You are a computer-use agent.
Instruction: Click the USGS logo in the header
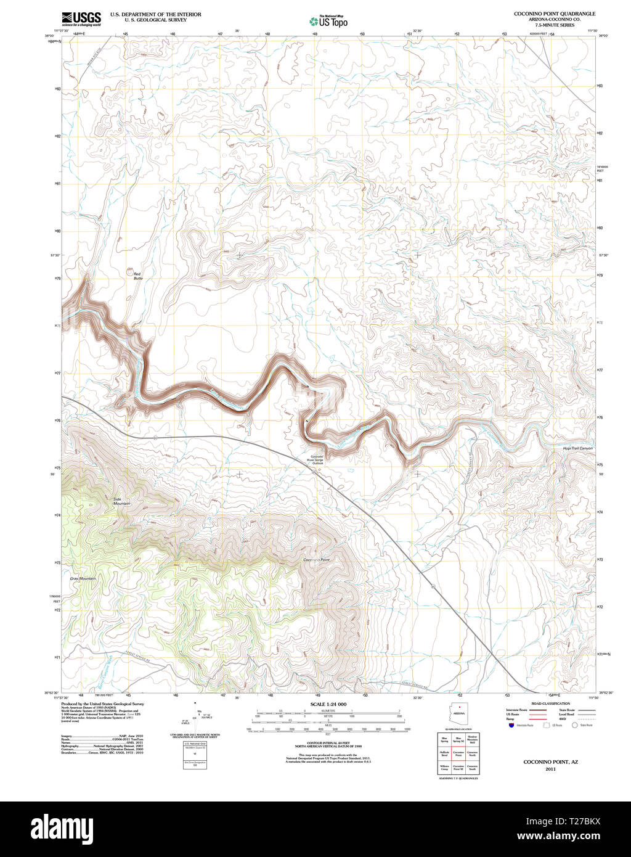click(81, 18)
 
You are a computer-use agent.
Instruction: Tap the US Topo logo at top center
click(328, 21)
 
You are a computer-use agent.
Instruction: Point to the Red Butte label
click(137, 276)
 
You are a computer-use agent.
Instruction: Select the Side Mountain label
click(122, 501)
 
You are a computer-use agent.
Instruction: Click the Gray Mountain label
click(83, 578)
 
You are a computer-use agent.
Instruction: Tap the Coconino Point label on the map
click(317, 559)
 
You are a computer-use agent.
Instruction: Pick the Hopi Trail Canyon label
click(577, 448)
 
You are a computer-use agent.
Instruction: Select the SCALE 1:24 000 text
click(328, 704)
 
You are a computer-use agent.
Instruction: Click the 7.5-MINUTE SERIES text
click(555, 25)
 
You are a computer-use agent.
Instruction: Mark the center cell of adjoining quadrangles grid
click(458, 753)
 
